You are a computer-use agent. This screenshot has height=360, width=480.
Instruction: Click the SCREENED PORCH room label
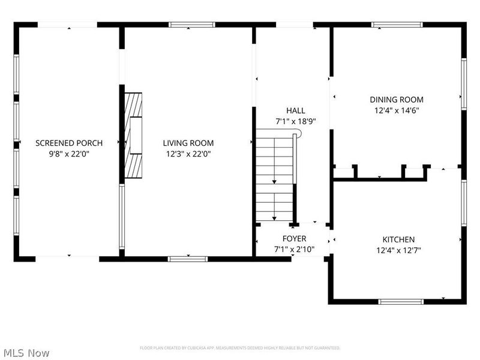[69, 143]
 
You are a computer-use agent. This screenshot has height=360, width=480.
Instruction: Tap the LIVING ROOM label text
[188, 143]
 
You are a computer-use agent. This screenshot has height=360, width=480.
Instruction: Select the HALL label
[295, 110]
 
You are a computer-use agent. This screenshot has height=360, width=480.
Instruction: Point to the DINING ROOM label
[397, 100]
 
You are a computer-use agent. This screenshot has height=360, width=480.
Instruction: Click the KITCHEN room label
[398, 239]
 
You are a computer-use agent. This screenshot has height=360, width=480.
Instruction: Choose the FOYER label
[294, 239]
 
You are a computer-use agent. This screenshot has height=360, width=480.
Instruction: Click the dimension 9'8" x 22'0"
[69, 154]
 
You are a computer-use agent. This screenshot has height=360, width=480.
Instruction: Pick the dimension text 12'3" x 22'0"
[188, 154]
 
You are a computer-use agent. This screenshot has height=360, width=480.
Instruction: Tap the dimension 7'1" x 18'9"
[295, 121]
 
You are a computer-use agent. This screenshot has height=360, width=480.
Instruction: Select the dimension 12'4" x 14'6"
[397, 110]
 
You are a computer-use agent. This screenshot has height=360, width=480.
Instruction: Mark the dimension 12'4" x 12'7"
[398, 250]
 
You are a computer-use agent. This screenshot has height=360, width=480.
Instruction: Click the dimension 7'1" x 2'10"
[294, 249]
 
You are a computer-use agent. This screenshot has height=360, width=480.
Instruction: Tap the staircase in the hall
[275, 177]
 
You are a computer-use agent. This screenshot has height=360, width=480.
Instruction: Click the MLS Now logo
[26, 353]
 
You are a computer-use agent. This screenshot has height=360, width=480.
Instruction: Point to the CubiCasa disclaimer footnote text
[240, 347]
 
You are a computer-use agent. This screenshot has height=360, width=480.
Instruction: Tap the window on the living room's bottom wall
[187, 259]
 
